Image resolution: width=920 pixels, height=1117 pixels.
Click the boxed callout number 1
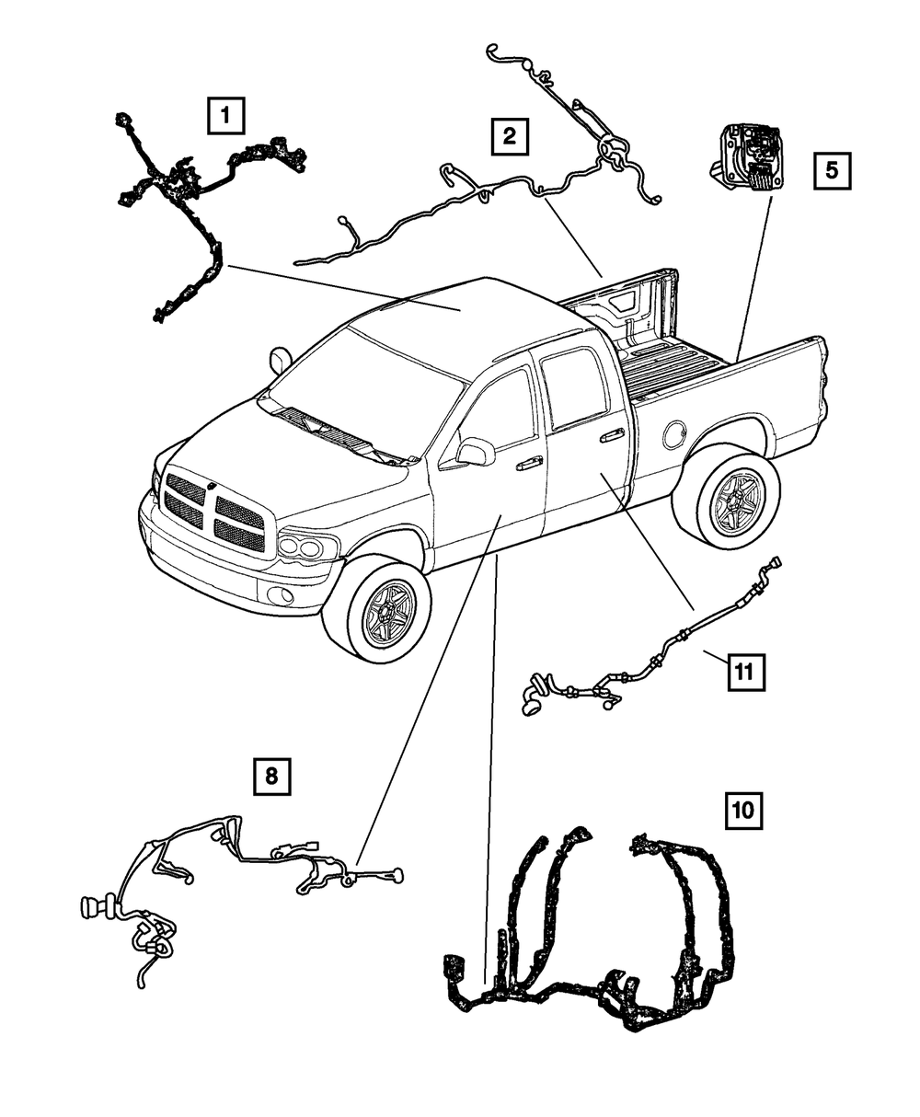click(x=225, y=117)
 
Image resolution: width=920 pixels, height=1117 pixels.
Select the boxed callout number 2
click(x=508, y=137)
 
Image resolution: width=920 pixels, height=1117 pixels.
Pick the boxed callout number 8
click(x=271, y=777)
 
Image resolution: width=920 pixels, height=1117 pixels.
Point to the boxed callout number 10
click(x=742, y=810)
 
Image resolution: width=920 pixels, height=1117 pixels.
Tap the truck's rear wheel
click(x=734, y=498)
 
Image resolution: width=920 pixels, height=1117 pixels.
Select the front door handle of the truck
click(x=529, y=465)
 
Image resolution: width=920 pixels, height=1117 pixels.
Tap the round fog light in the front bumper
click(x=282, y=596)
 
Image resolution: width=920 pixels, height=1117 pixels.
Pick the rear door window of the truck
click(x=575, y=387)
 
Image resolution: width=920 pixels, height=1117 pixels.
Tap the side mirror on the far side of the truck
click(x=280, y=359)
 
